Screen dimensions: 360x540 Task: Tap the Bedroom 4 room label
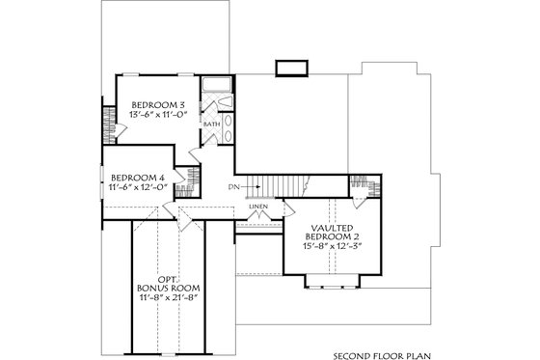pos(139,178)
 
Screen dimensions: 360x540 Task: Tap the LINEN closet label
pos(256,206)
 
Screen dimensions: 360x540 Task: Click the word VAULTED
pos(328,227)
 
